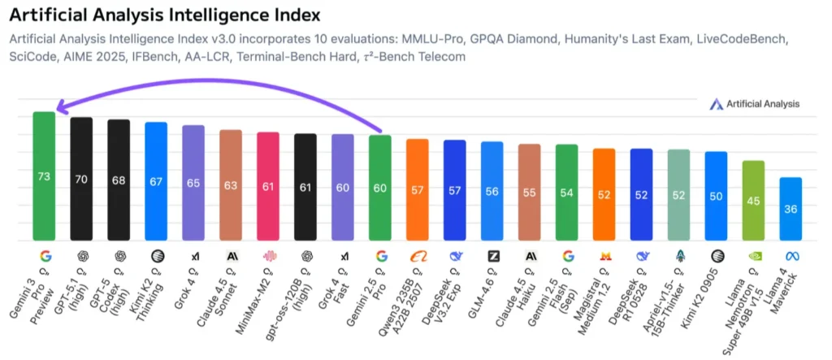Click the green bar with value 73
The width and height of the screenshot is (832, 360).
(44, 176)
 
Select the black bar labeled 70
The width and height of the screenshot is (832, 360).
(81, 179)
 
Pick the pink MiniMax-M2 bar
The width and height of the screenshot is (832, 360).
(268, 186)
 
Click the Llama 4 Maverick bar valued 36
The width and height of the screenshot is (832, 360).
(791, 209)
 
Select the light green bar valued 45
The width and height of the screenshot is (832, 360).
(753, 201)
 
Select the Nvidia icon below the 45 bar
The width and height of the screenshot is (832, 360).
(753, 255)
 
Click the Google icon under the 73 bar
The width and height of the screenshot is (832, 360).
(44, 255)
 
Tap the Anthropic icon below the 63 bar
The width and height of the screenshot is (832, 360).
(231, 255)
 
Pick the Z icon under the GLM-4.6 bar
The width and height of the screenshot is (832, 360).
(492, 255)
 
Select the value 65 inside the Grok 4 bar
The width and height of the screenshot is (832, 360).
(193, 183)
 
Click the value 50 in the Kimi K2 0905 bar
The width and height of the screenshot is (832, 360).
(716, 196)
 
